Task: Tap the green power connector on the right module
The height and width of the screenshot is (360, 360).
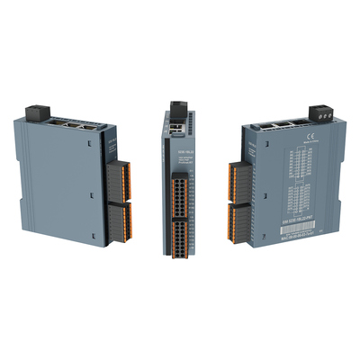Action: click(x=319, y=112)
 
